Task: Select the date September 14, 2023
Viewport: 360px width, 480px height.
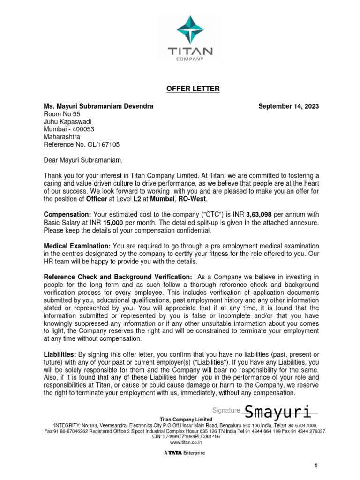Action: pos(288,106)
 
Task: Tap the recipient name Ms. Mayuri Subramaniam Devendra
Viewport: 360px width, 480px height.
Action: pos(98,106)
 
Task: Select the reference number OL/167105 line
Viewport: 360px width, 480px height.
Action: pos(82,145)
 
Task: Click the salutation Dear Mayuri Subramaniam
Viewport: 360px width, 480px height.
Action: pos(82,160)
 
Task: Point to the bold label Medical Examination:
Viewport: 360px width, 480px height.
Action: pos(77,246)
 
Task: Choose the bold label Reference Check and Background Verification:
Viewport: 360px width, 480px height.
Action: pos(118,277)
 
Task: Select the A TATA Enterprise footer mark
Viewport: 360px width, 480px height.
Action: pos(184,453)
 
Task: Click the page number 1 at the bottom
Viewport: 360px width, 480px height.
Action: pos(316,465)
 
